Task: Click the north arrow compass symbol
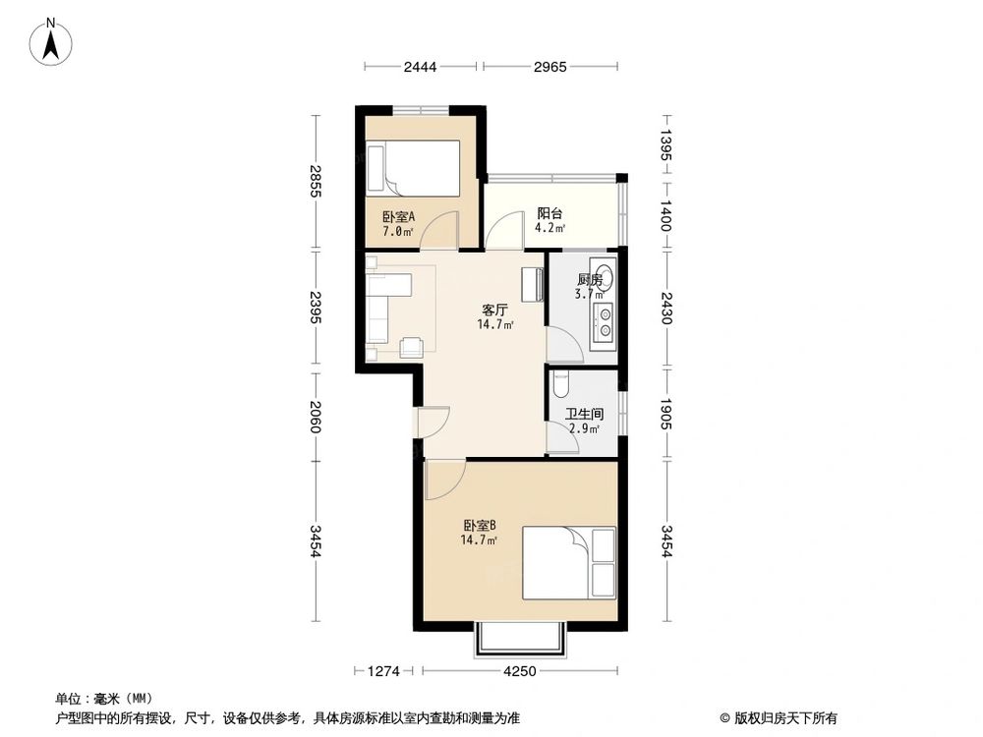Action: (x=51, y=42)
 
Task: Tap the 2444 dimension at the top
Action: (x=420, y=67)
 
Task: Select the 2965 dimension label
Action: (x=549, y=67)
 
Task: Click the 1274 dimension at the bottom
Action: (x=383, y=671)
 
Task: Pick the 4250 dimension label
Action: (x=520, y=671)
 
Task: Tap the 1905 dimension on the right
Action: (x=665, y=415)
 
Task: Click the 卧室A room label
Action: (x=399, y=217)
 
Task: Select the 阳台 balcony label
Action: (x=549, y=213)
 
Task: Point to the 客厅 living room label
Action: (x=494, y=310)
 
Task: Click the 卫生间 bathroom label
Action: (x=584, y=414)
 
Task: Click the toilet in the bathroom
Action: (x=561, y=384)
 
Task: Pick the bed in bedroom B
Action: (x=569, y=563)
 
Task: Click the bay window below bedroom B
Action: (x=520, y=640)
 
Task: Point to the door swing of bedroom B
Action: (x=444, y=480)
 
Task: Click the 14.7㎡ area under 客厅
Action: (x=495, y=324)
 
